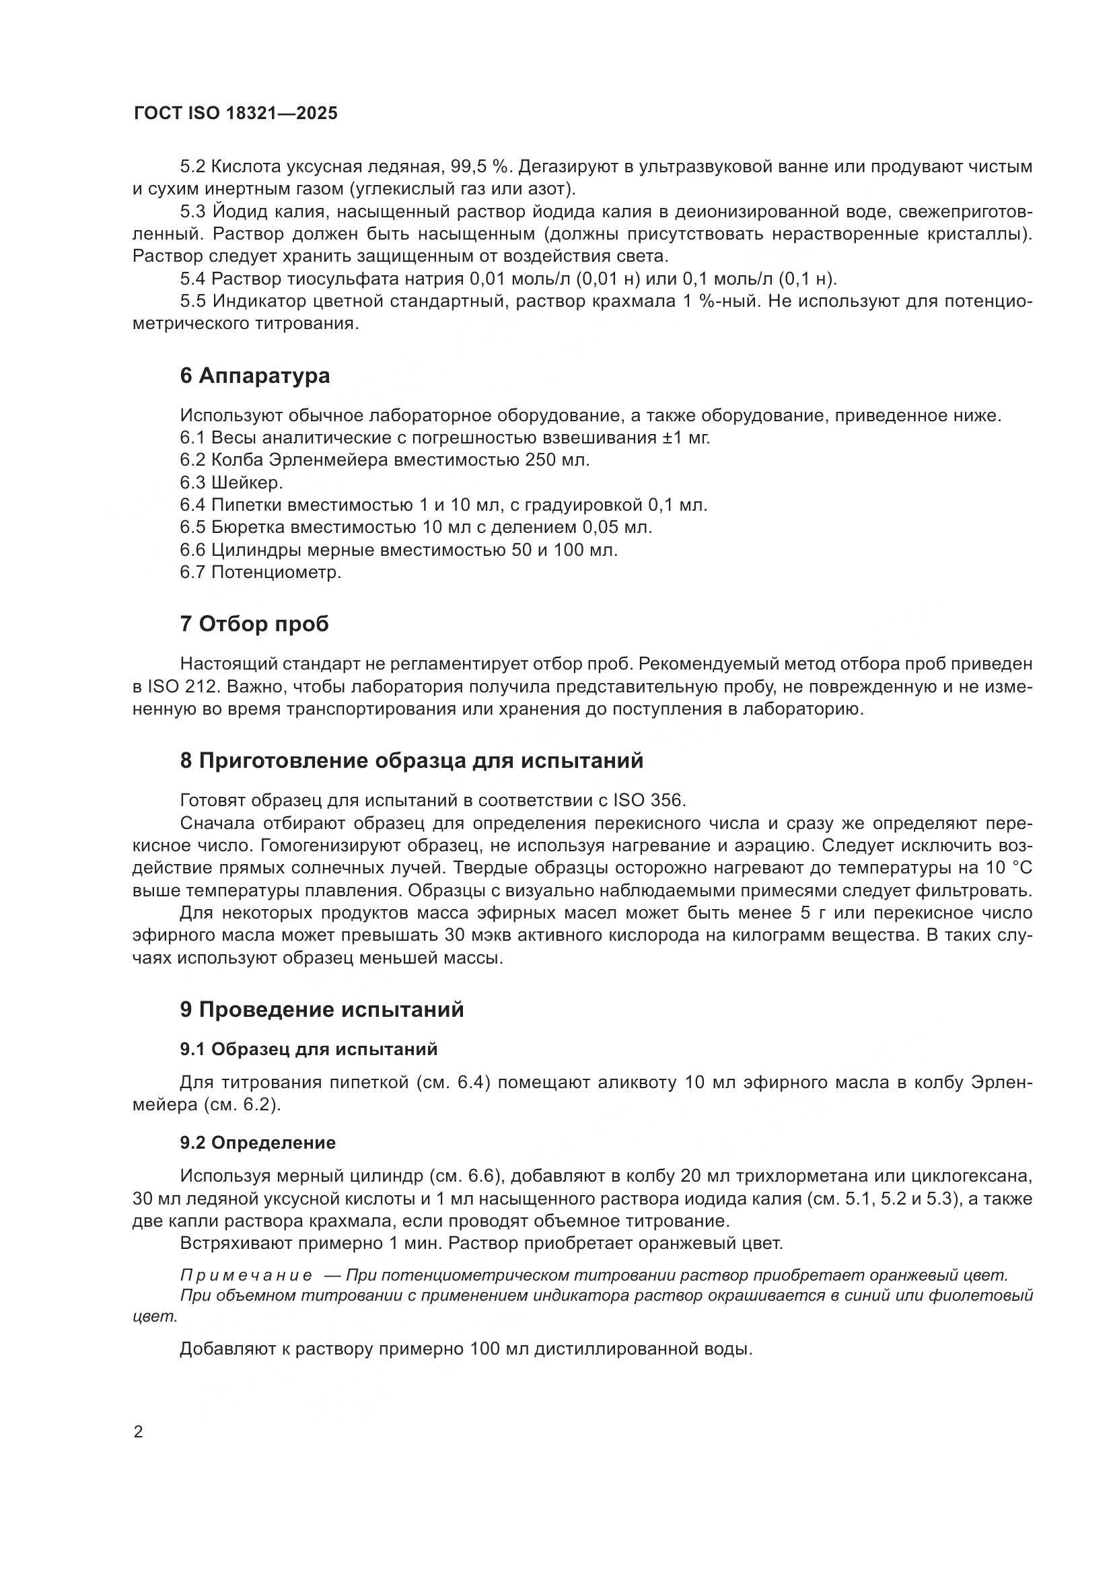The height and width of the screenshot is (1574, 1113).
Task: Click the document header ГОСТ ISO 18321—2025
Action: (x=236, y=114)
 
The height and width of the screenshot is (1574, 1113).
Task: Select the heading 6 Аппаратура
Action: (x=255, y=375)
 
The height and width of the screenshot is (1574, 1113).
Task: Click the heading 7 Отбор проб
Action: (x=254, y=624)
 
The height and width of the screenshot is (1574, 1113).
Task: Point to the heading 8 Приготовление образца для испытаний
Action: (x=411, y=760)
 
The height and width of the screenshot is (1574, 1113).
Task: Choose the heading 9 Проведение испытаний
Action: (x=322, y=1009)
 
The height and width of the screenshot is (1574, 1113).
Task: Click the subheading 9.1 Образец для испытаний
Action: (x=308, y=1049)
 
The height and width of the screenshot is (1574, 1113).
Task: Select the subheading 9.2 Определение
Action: (x=258, y=1143)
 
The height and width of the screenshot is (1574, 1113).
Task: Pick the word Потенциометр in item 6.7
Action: (x=275, y=572)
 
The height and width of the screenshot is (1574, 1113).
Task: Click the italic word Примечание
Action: (x=246, y=1275)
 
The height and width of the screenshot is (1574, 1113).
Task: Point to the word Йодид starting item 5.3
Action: (x=237, y=212)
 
